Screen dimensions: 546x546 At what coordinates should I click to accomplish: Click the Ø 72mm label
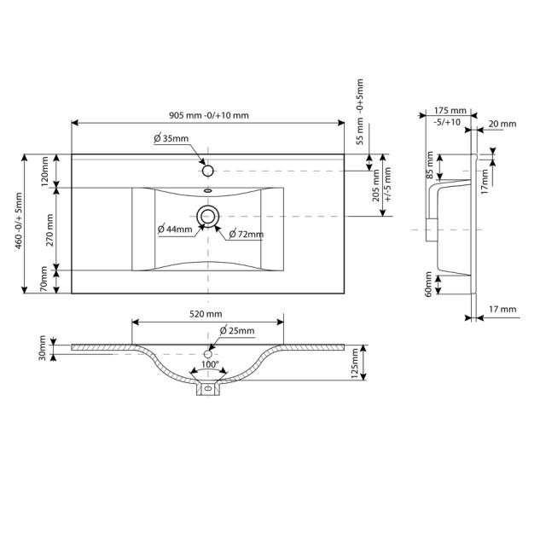click(245, 235)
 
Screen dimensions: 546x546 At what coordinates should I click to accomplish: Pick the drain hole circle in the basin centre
click(207, 217)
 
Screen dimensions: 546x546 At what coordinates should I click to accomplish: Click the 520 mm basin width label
click(206, 314)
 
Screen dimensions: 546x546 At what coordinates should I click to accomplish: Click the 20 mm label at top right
click(502, 125)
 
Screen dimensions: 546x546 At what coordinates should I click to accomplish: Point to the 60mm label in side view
click(427, 284)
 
